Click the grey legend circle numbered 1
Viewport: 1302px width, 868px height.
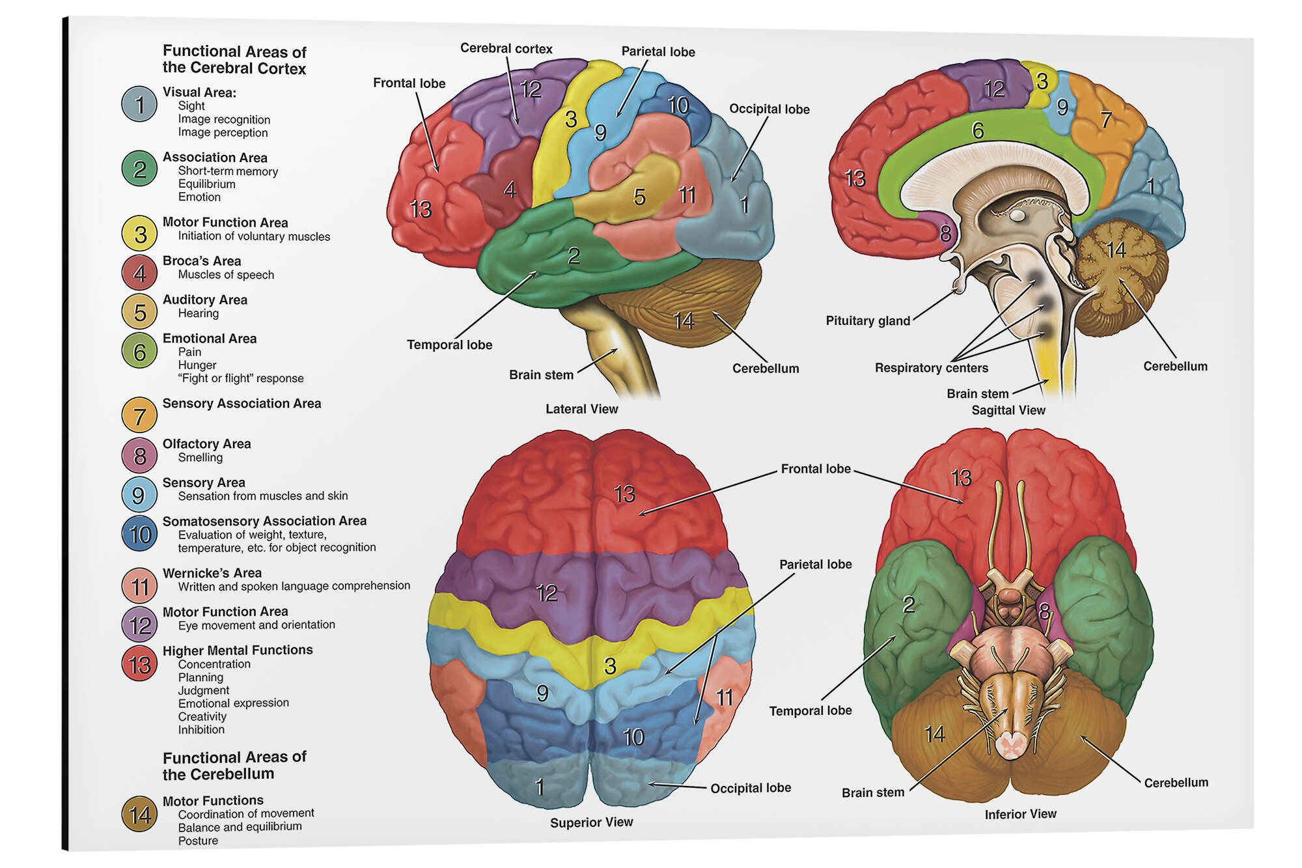coord(139,104)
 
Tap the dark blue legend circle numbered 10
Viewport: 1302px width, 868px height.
coord(139,534)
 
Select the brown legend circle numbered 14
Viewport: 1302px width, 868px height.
coord(139,815)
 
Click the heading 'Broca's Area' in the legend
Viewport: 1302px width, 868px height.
coord(202,261)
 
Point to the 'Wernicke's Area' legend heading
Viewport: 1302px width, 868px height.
coord(212,573)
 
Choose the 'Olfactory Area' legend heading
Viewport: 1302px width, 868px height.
coord(206,444)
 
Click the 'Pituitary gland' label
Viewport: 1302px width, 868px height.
coord(868,320)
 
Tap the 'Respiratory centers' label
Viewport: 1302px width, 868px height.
coord(931,368)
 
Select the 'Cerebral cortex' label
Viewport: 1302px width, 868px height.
coord(506,49)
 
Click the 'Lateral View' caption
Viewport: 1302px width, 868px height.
coord(581,409)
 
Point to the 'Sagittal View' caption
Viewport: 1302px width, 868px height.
coord(1008,410)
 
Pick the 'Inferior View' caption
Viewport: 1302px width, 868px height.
coord(1020,814)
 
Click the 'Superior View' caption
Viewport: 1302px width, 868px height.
coord(591,822)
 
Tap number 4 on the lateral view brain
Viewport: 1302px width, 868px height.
coord(510,189)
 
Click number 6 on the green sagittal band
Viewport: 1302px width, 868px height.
coord(977,131)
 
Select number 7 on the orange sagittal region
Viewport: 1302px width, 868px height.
coord(1105,120)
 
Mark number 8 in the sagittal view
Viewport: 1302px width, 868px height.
coord(945,233)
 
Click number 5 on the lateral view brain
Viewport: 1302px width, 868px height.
coord(639,197)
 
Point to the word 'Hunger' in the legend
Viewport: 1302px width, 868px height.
coord(197,365)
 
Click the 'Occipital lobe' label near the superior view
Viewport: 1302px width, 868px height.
coord(751,788)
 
